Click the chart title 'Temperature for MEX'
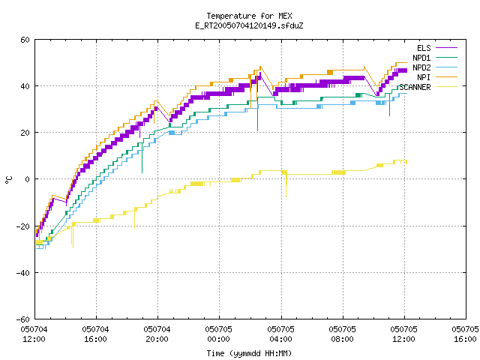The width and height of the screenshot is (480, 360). click(x=249, y=16)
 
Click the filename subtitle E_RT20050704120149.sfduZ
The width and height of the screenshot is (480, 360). click(x=249, y=25)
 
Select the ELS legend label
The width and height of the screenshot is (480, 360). click(x=424, y=48)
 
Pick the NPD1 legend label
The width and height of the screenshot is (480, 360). click(x=421, y=58)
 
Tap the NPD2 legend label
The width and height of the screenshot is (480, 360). click(x=421, y=67)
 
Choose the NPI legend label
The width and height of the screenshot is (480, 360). click(x=424, y=77)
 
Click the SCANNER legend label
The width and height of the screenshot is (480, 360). click(x=415, y=87)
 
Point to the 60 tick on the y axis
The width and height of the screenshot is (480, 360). click(x=25, y=40)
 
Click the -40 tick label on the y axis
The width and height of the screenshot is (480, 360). click(x=23, y=273)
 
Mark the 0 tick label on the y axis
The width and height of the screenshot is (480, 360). click(x=28, y=179)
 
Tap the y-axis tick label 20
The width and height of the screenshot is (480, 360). click(x=25, y=133)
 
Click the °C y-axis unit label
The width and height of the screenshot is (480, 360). click(x=8, y=180)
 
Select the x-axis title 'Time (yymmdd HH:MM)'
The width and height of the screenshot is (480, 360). click(x=249, y=353)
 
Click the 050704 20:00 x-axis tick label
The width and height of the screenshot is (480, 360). click(x=157, y=334)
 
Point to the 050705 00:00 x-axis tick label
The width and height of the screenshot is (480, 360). click(x=218, y=334)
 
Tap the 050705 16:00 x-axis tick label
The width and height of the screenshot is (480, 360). click(x=465, y=334)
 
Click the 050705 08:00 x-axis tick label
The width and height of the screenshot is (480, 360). click(x=342, y=334)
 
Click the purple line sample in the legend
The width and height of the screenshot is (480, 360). click(x=447, y=48)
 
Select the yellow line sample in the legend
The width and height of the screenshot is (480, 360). click(x=447, y=87)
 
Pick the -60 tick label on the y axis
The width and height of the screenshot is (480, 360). click(x=23, y=319)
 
